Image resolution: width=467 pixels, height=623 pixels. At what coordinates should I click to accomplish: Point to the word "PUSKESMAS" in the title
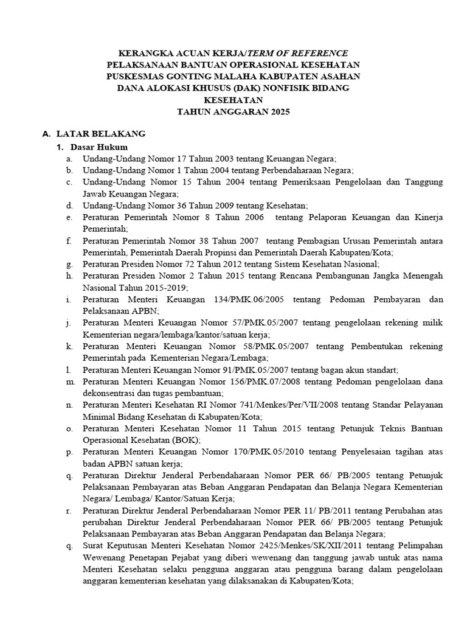134,76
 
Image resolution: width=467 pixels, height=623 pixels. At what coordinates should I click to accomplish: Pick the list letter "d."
71,206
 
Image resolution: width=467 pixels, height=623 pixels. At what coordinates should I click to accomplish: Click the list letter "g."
71,264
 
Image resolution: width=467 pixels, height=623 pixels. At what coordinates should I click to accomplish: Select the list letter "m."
71,381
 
